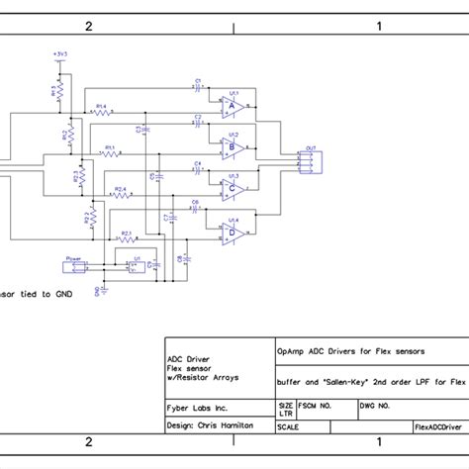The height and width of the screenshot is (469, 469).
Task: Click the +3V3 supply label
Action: (x=60, y=55)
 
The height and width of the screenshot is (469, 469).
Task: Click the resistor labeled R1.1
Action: (x=109, y=154)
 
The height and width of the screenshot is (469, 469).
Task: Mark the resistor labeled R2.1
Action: (x=126, y=238)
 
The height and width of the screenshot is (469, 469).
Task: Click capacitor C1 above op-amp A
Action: (x=198, y=85)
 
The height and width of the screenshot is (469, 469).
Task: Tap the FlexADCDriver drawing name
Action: (x=437, y=426)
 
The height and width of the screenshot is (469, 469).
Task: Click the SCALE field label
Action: (x=290, y=426)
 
